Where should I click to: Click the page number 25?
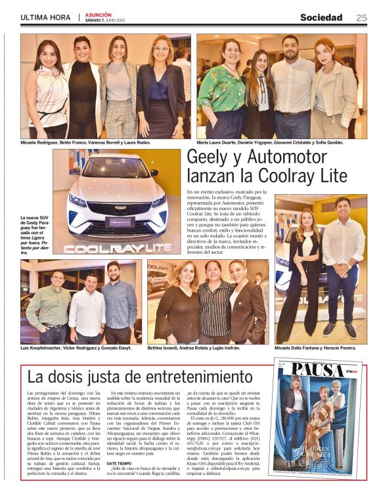click(361, 18)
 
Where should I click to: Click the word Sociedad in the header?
click(321, 18)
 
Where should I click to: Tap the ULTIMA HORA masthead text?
click(45, 18)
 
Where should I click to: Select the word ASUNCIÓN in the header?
click(98, 14)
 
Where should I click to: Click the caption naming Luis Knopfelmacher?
click(77, 347)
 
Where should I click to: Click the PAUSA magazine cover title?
click(317, 370)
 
